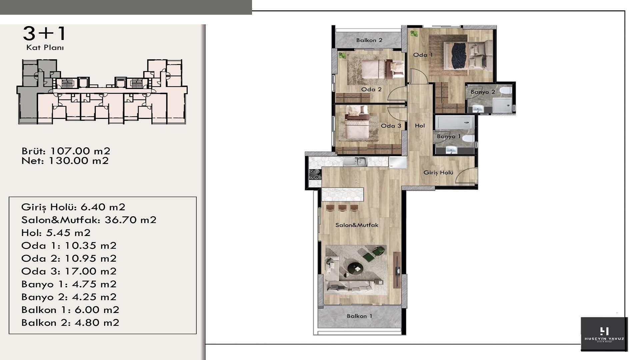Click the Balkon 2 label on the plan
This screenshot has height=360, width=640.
[x=369, y=40]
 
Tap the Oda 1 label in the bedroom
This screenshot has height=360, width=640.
[x=423, y=55]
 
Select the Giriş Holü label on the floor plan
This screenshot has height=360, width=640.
[x=438, y=173]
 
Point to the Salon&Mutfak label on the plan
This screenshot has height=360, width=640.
[x=357, y=225]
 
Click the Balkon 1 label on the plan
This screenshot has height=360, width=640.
[x=359, y=316]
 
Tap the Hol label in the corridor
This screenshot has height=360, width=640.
[x=420, y=126]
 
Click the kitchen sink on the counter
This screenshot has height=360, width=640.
[x=355, y=162]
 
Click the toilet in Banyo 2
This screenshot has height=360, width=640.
[x=506, y=91]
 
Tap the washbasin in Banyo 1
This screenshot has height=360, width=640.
[x=451, y=150]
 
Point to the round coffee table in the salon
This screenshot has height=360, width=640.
[x=355, y=267]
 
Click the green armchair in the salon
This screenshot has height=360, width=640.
[x=370, y=254]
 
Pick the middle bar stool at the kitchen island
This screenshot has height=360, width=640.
[x=342, y=208]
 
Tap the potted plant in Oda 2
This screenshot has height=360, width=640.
[x=342, y=55]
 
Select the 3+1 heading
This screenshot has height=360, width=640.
[x=45, y=34]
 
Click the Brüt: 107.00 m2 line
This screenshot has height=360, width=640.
[x=66, y=151]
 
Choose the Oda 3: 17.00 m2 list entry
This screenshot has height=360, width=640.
[x=69, y=271]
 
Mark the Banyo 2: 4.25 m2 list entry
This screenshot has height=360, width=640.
[x=69, y=297]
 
